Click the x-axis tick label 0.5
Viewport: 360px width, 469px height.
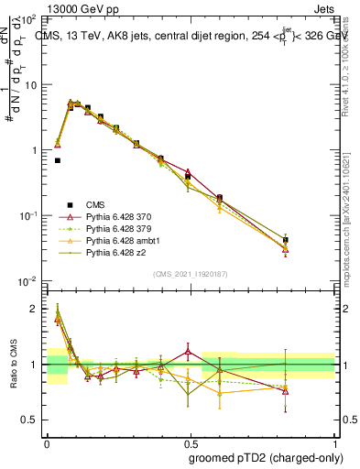182,441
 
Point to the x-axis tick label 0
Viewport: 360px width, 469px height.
47,441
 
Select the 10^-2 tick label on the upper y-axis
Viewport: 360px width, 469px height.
27,280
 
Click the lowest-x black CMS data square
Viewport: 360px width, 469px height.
57,160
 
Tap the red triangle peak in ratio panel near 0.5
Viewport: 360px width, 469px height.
188,350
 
